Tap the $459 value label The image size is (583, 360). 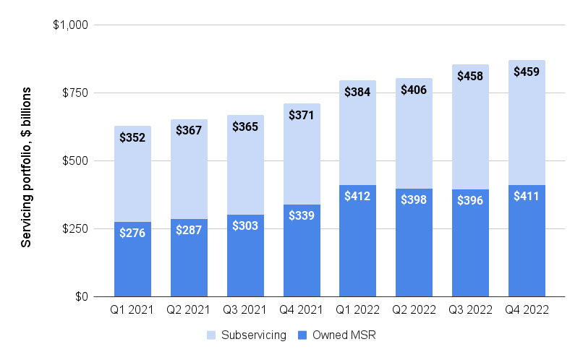coord(527,72)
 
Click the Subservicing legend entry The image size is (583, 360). coord(246,335)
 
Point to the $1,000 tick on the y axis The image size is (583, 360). coord(70,25)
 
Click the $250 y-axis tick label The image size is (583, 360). coord(74,229)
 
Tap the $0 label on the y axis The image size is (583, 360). coord(79,297)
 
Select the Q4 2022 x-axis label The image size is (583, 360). coord(527,309)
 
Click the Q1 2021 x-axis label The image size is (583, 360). coord(132,309)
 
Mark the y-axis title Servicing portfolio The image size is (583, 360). coord(26,168)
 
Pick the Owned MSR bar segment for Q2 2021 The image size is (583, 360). coord(189,260)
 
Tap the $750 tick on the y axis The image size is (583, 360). coord(74,93)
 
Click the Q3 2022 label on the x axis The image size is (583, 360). coord(470,309)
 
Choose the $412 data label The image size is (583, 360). coord(357,197)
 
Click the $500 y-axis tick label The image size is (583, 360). coord(74,161)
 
